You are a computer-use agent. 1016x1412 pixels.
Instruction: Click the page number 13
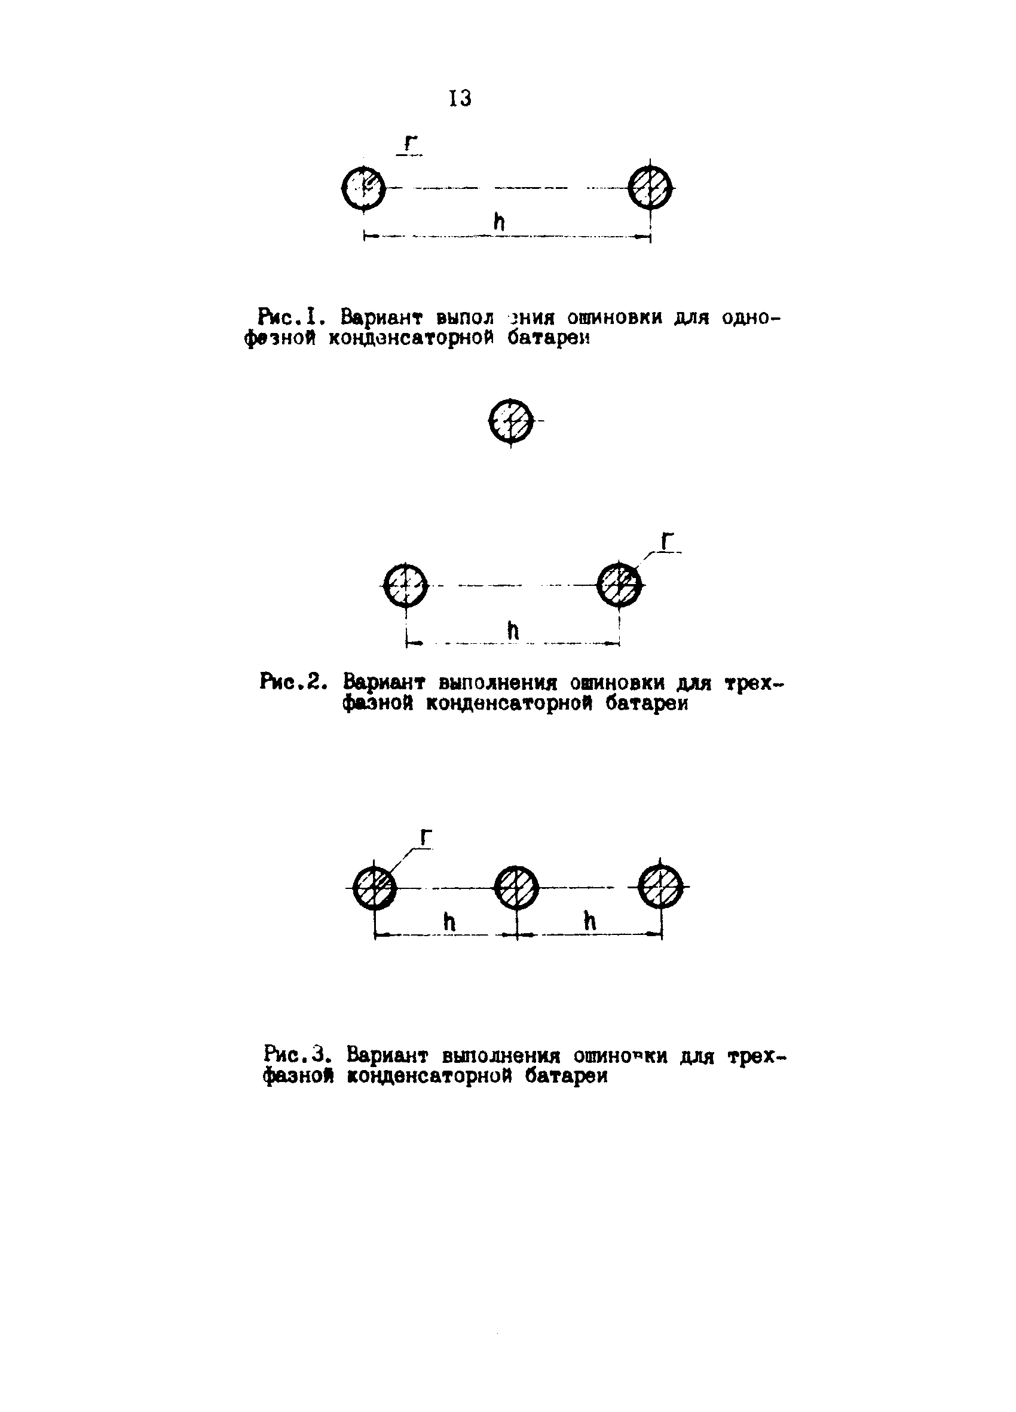[460, 99]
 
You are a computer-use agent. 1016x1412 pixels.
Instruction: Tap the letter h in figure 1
[498, 222]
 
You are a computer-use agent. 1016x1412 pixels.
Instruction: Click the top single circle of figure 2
[510, 421]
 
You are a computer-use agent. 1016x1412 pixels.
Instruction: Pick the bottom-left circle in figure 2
[405, 585]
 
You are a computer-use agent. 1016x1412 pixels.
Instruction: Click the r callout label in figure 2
[667, 542]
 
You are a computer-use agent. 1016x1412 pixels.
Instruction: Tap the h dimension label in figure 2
[513, 631]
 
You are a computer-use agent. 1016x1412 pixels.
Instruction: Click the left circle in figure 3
[375, 888]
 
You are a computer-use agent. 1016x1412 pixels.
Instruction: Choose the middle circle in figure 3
[517, 888]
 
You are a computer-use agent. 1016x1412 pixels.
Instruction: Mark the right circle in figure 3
[661, 888]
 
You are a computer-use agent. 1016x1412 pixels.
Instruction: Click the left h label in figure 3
[449, 922]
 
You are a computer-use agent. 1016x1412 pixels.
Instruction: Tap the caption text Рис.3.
[295, 1055]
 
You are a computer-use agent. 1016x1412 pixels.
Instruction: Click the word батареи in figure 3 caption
[566, 1076]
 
